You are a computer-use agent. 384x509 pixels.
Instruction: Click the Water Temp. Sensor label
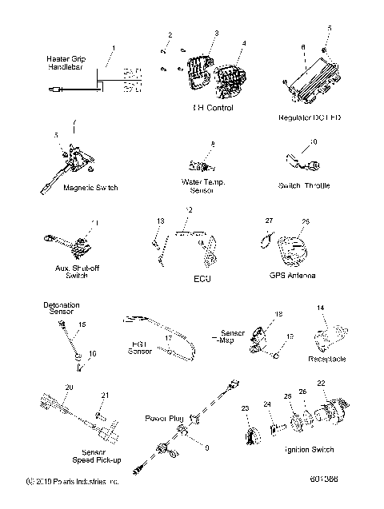pyautogui.click(x=204, y=187)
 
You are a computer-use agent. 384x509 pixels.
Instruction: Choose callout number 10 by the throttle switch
pyautogui.click(x=313, y=142)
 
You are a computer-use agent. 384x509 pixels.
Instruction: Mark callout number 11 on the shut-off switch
pyautogui.click(x=96, y=222)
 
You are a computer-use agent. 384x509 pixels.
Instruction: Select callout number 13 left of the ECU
pyautogui.click(x=160, y=220)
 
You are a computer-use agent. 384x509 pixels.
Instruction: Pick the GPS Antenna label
pyautogui.click(x=292, y=275)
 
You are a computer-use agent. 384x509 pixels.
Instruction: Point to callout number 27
pyautogui.click(x=269, y=220)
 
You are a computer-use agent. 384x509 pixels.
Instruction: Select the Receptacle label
pyautogui.click(x=327, y=359)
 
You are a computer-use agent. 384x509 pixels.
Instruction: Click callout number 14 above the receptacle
pyautogui.click(x=321, y=308)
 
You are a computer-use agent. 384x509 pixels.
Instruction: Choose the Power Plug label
pyautogui.click(x=163, y=418)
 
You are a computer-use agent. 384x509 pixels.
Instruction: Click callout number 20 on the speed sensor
pyautogui.click(x=69, y=387)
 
